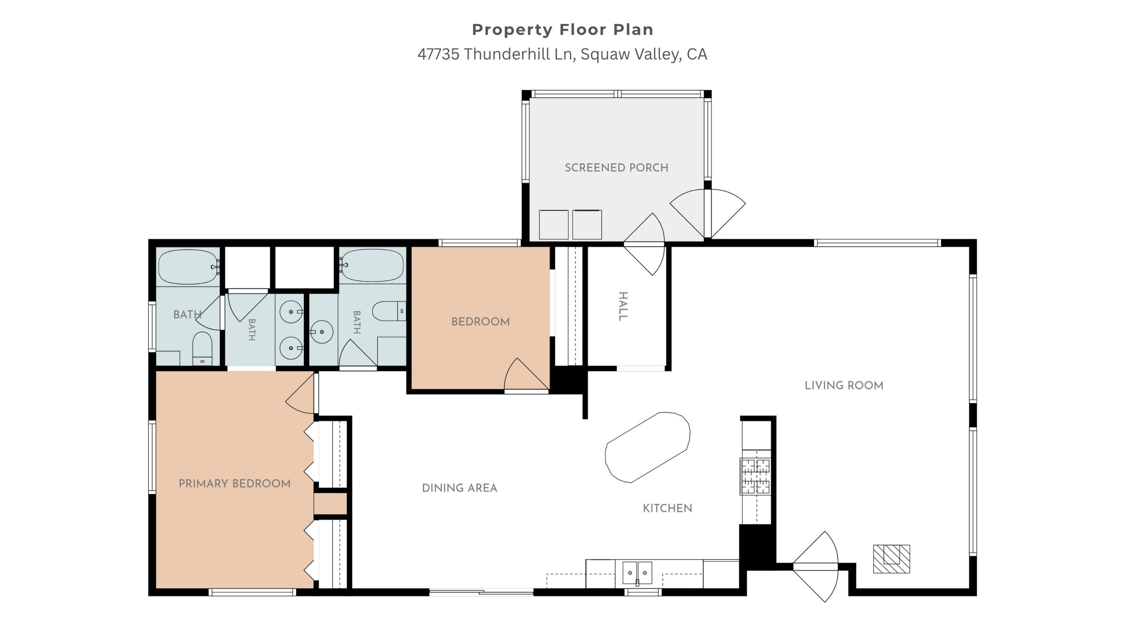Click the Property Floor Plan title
pos(562,30)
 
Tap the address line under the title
pos(562,54)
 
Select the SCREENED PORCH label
pos(616,168)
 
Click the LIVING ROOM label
pos(844,385)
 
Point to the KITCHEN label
pos(667,508)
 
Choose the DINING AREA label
pos(459,488)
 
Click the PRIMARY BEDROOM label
pos(234,484)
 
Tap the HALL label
pos(623,306)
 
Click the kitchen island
pos(647,447)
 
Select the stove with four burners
pos(755,476)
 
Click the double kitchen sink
pos(637,573)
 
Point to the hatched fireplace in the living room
pos(891,559)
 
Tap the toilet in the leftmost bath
pos(202,348)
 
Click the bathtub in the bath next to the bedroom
pos(372,265)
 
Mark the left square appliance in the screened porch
pos(554,224)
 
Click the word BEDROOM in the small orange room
pos(480,322)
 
